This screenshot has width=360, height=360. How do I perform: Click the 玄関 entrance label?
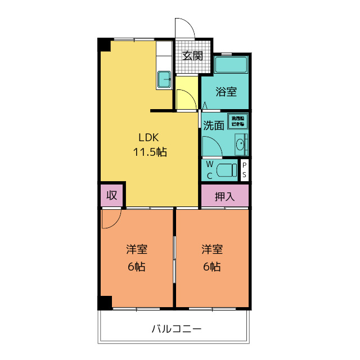(x=192, y=56)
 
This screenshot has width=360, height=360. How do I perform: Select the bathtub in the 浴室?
(x=231, y=65)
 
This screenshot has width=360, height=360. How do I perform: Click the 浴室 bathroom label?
(x=226, y=92)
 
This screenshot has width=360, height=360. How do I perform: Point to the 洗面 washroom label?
(x=214, y=125)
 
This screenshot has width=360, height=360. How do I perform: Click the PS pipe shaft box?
(x=245, y=170)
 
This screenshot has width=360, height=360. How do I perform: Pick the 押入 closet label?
(x=225, y=196)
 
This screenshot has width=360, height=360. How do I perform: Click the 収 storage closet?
(x=112, y=195)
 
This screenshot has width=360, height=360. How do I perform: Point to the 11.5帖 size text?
(x=150, y=151)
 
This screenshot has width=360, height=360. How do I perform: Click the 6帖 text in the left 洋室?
(x=136, y=267)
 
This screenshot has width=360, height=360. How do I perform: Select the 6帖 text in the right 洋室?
(x=212, y=267)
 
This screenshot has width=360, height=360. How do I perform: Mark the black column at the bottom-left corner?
(x=105, y=302)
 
